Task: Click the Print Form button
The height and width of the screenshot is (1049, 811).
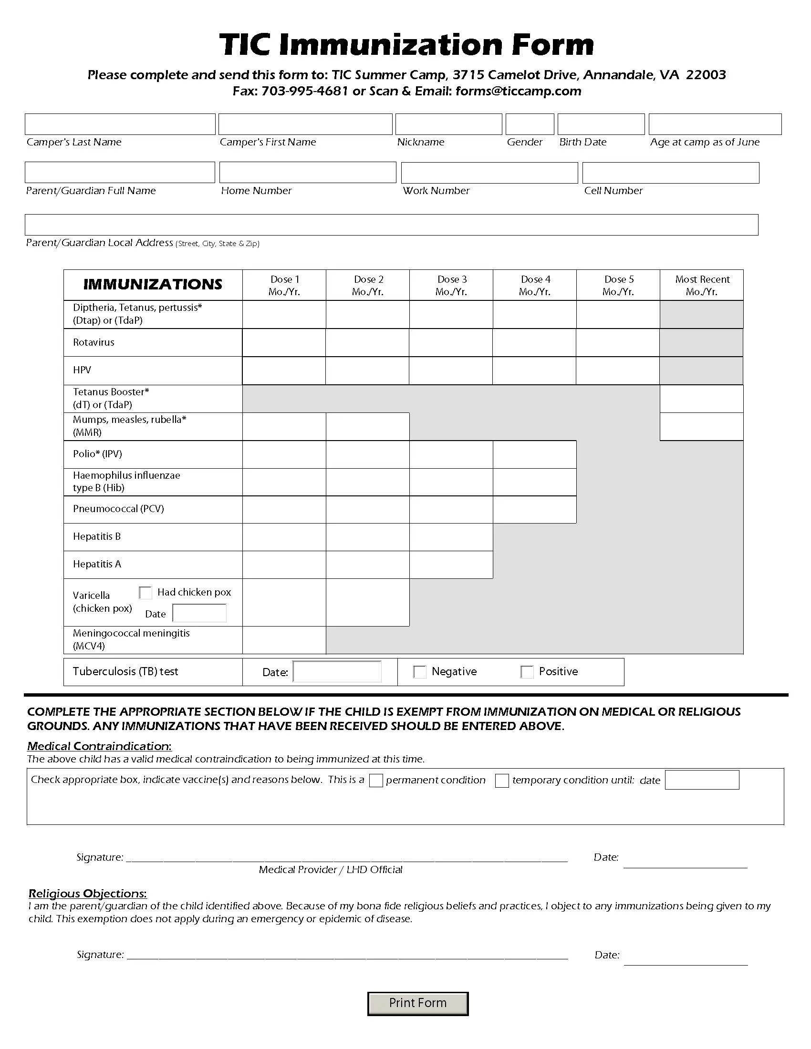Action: point(417,1003)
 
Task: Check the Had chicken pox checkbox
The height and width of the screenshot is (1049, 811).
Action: point(146,592)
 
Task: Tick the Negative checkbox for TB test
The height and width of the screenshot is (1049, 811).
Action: point(419,671)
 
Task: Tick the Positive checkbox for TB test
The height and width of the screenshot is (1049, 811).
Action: point(527,671)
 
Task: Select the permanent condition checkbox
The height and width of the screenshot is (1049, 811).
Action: point(376,780)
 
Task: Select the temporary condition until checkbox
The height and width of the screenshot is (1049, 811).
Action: point(502,780)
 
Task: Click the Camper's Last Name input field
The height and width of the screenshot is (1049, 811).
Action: point(120,124)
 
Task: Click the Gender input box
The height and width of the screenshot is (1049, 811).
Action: point(530,124)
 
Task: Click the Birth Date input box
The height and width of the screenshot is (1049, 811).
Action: point(601,124)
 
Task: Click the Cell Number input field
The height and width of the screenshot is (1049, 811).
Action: point(670,173)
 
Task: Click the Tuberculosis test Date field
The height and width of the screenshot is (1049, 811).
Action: point(337,671)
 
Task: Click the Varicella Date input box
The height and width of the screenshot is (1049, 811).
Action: point(199,613)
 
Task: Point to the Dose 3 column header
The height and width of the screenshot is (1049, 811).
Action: point(451,285)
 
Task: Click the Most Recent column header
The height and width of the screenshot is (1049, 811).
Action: point(701,285)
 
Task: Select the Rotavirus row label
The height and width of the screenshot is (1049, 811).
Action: point(94,342)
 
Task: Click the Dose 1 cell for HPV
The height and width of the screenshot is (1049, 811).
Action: point(283,370)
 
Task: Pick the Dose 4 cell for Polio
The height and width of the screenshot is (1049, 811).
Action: point(534,454)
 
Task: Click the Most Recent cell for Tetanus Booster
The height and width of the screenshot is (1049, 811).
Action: point(701,399)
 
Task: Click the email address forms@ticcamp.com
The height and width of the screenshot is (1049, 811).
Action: point(518,91)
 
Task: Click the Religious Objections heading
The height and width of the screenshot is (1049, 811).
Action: point(87,894)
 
